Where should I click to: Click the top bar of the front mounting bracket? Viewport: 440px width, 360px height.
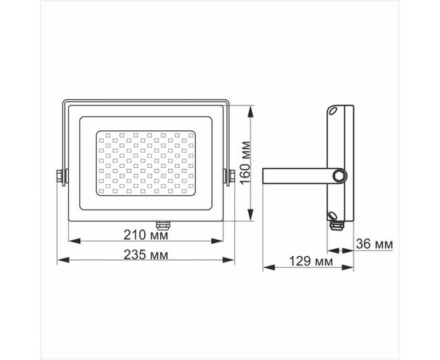(146, 101)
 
